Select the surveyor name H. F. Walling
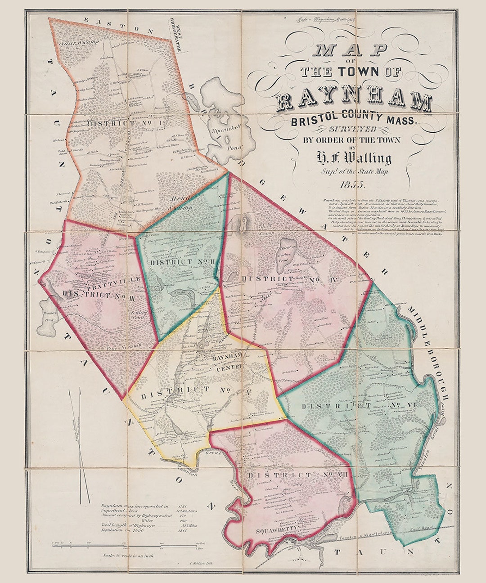354,158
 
